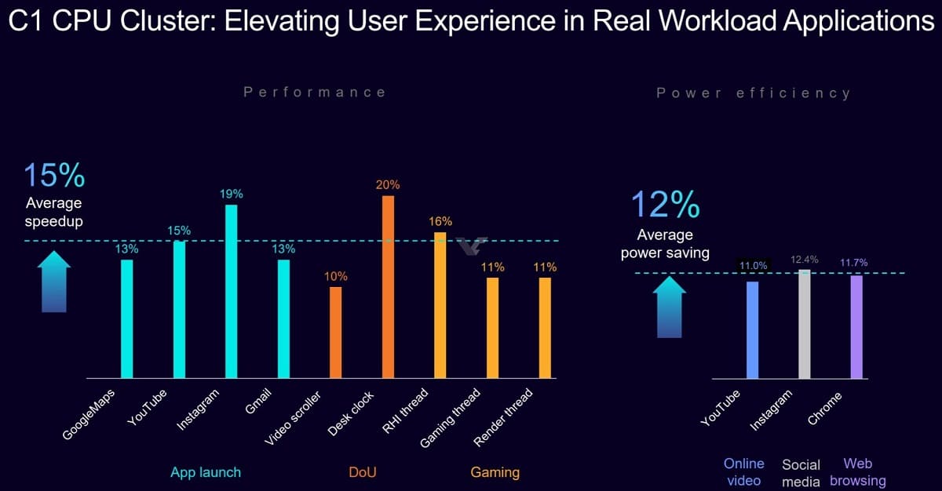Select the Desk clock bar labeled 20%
click(388, 287)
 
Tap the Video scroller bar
click(335, 333)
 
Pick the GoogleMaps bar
click(126, 318)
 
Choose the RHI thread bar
click(440, 305)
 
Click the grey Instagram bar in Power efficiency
click(804, 324)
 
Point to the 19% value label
click(232, 194)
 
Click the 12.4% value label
click(804, 259)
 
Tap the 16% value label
click(440, 222)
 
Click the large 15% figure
click(53, 176)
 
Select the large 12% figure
click(665, 205)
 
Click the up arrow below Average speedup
click(54, 282)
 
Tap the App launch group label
click(206, 472)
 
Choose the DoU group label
click(363, 472)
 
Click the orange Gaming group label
click(495, 472)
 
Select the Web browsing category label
click(857, 472)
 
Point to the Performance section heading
click(315, 93)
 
